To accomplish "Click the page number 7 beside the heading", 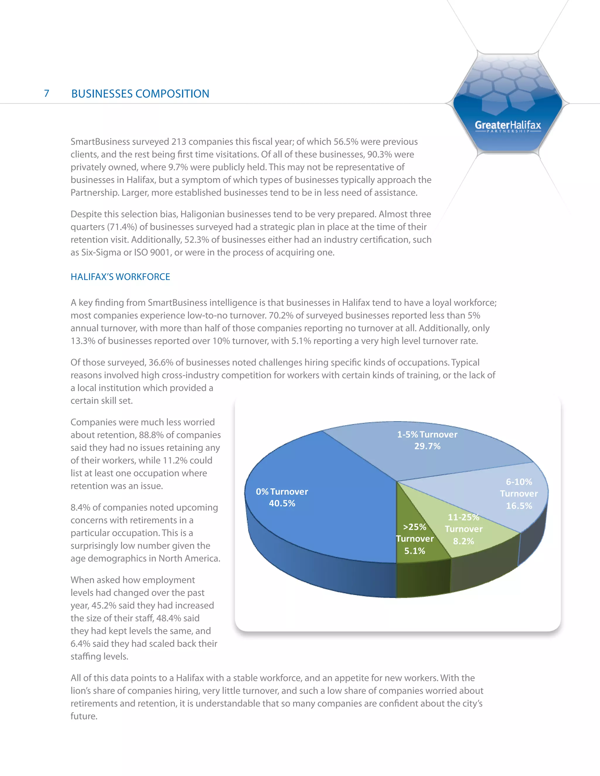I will tap(47, 93).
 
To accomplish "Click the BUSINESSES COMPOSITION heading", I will tap(140, 94).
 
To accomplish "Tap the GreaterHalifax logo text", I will tap(508, 125).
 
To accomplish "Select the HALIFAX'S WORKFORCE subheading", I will tap(120, 277).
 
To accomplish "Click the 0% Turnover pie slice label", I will tap(282, 492).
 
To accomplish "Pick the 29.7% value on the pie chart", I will tap(427, 446).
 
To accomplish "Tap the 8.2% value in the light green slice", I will tap(463, 541).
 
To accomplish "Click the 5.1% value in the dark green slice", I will tap(415, 551).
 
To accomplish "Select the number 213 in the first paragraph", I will tap(179, 142).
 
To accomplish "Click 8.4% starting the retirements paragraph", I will tap(80, 508).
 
